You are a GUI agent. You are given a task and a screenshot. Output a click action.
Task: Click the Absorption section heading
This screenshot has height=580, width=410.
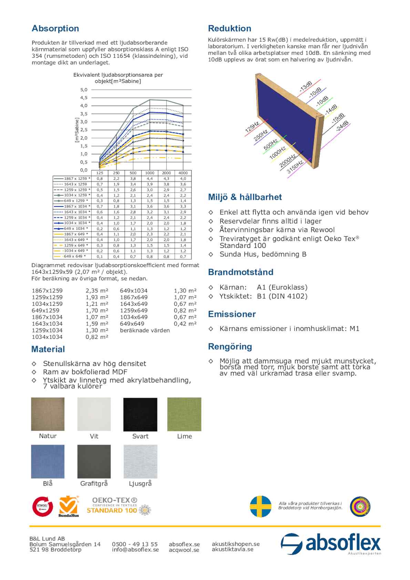click(55, 29)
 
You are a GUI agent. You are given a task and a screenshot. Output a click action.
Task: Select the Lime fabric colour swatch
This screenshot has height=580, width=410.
click(184, 414)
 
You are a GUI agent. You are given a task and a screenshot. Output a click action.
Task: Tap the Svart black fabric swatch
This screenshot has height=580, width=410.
click(140, 414)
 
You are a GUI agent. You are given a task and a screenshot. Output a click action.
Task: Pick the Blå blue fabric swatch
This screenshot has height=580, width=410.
click(48, 461)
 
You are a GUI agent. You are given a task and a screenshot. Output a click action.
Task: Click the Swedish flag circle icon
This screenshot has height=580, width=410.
click(260, 506)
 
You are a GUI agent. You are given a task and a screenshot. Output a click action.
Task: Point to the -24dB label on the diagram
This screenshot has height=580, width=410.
click(342, 126)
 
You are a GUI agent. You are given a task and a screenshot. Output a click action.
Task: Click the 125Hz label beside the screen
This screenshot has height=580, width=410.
click(252, 127)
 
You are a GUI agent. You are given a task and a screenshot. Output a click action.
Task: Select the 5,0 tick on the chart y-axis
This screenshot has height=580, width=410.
click(84, 90)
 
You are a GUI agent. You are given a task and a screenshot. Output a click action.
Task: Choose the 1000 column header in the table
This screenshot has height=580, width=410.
click(150, 173)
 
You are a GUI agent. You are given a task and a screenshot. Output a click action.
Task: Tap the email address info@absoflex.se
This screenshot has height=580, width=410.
click(135, 550)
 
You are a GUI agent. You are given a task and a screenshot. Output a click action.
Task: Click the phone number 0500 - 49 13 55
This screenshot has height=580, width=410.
click(135, 544)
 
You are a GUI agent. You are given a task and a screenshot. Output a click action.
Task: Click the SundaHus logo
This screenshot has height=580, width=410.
click(69, 506)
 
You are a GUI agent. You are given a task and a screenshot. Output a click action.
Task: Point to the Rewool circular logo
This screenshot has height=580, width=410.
click(42, 506)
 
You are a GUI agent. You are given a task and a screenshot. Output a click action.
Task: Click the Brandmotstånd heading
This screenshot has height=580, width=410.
click(240, 272)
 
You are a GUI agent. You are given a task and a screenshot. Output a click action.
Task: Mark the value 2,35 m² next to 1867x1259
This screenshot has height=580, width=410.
click(97, 291)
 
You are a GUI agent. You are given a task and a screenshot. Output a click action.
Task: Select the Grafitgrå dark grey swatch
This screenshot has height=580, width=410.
click(94, 461)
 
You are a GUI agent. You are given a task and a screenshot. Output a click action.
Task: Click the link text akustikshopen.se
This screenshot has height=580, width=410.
click(236, 544)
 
